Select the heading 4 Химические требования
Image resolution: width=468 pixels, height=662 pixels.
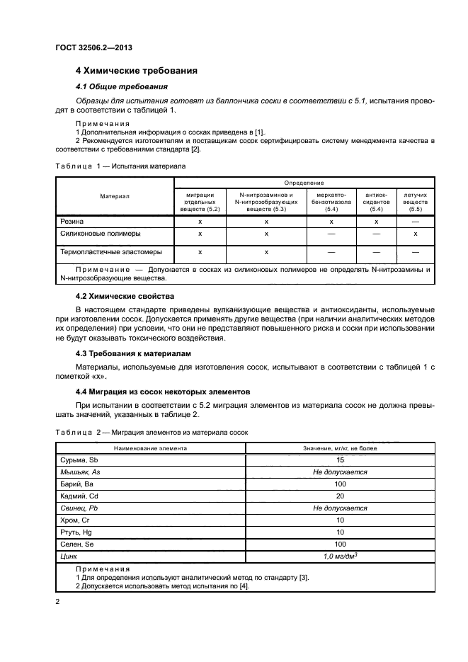[x=136, y=71]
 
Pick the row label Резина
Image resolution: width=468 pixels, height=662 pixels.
[x=72, y=222]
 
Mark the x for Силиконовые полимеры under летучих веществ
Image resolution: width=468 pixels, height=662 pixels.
[x=415, y=233]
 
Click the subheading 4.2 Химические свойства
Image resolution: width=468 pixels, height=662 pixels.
[x=125, y=296]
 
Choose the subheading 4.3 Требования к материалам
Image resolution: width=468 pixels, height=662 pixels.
[x=133, y=353]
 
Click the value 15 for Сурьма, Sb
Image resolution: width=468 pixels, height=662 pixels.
[x=340, y=460]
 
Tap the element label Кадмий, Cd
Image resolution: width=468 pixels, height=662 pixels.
[x=81, y=496]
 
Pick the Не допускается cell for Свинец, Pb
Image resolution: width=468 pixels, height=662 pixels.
[x=340, y=508]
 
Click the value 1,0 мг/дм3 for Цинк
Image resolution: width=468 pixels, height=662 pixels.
[x=340, y=557]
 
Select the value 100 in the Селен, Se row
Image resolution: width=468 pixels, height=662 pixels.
[x=340, y=544]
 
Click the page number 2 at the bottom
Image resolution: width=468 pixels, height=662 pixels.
[x=59, y=602]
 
